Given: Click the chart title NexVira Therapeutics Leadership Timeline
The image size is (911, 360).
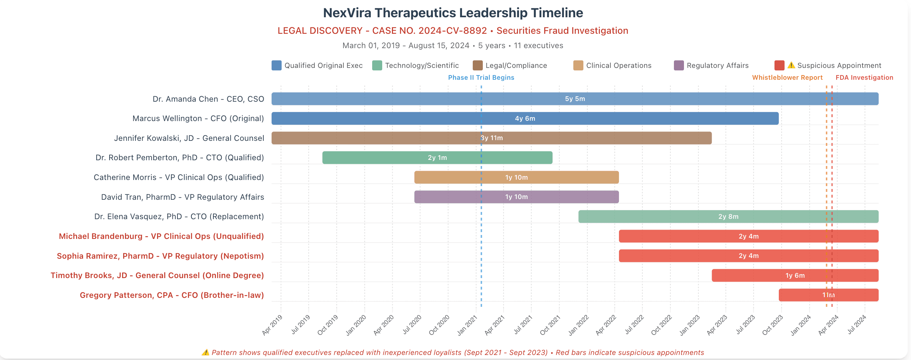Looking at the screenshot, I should point(453,13).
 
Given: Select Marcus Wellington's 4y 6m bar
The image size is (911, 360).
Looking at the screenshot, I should point(524,119).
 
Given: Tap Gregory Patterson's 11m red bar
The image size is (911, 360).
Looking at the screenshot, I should point(828,295).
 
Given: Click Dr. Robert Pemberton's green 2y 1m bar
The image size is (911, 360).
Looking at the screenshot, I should point(437,158).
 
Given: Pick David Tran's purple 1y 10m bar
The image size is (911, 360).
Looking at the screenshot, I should point(516,197).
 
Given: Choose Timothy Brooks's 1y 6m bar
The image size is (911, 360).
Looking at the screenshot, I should point(795,276).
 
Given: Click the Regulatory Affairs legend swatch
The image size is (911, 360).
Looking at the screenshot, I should point(679,65).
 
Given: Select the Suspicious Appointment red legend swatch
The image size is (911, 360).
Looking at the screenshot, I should point(779,65).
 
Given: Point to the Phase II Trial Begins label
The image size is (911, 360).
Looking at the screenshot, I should point(481,78).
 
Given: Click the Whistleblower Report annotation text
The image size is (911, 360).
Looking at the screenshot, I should point(787,78).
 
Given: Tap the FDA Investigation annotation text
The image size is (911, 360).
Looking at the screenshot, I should point(864,78).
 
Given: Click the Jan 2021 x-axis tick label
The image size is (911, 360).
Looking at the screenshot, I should point(467,325).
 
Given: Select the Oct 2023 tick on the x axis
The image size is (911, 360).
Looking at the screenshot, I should point(772,325).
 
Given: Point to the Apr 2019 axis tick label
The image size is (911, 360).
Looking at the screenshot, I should point(272,325).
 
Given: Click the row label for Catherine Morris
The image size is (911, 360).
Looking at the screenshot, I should point(179,177).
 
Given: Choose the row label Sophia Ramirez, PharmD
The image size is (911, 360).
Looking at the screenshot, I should point(160,256).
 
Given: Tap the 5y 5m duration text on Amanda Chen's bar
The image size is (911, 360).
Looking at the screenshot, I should point(575,99).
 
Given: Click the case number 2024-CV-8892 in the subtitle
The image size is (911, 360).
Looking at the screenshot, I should point(452,31).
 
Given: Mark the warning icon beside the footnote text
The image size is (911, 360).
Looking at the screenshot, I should point(205,352).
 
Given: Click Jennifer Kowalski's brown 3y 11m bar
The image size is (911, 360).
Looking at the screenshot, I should point(491,138).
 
